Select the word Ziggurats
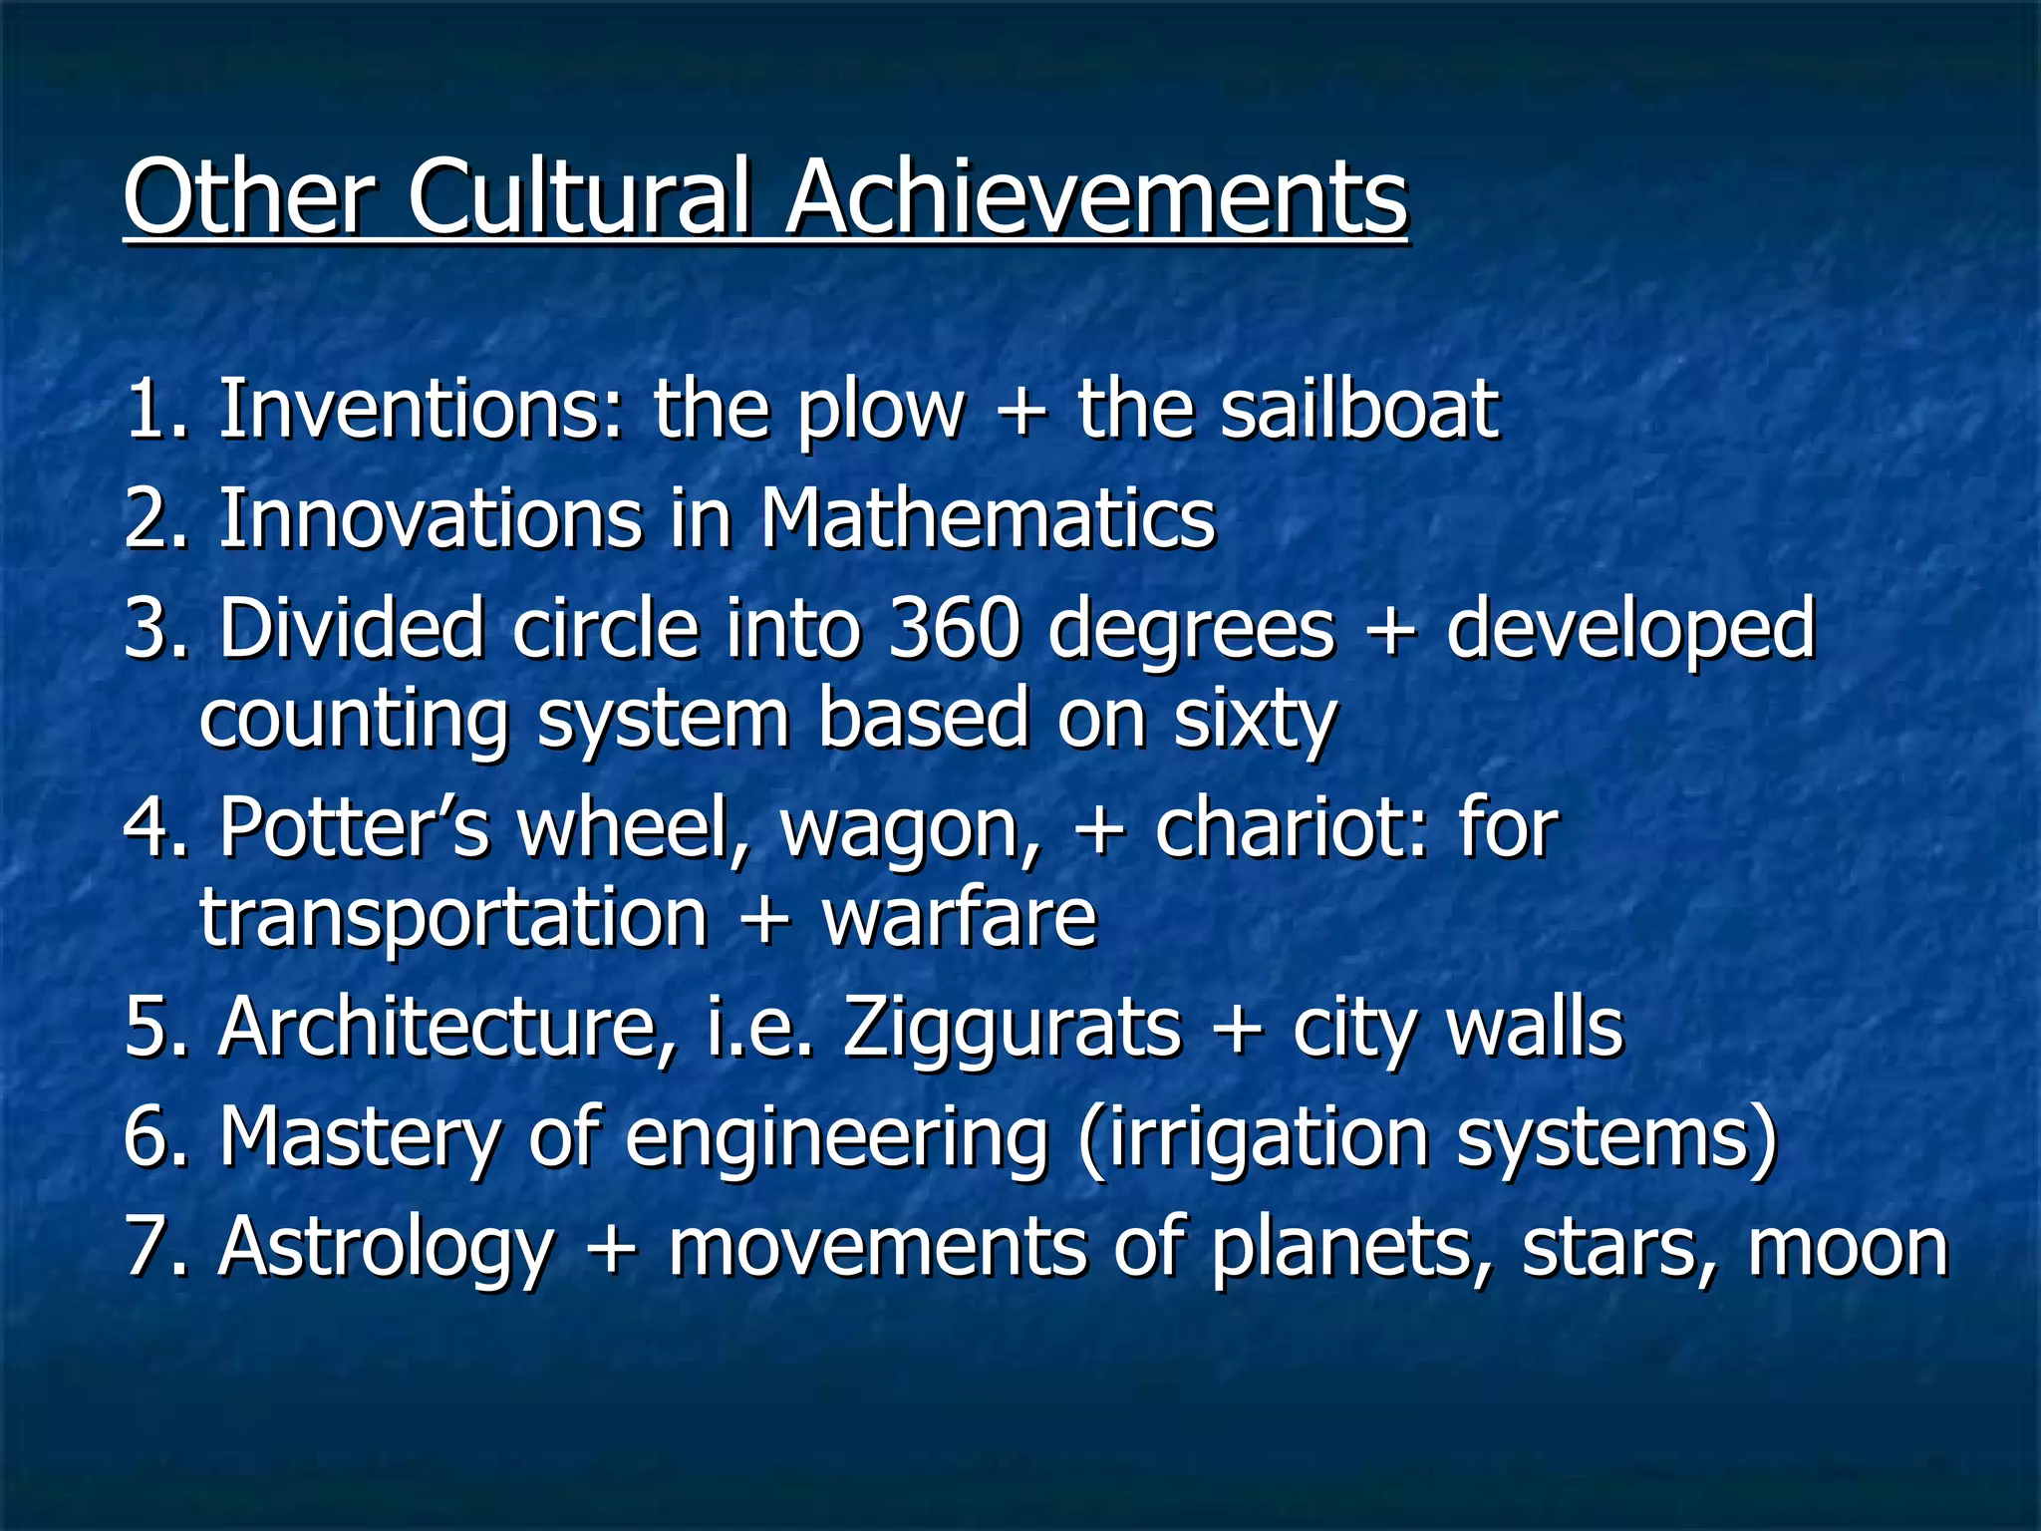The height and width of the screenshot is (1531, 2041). (1013, 1028)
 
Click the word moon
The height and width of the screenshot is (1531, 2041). (1848, 1248)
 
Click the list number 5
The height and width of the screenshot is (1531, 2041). (146, 1028)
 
